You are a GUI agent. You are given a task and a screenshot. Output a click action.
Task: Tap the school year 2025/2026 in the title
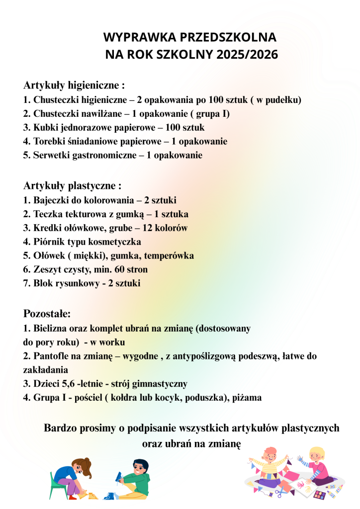(248, 54)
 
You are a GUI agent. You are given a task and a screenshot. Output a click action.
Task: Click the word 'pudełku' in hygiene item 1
(283, 100)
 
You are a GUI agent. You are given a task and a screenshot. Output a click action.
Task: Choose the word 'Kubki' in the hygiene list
(45, 128)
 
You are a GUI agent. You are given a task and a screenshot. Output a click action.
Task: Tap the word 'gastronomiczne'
(102, 156)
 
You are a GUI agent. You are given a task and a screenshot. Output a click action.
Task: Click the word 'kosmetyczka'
(116, 242)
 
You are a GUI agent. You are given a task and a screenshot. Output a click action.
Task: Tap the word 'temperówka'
(169, 256)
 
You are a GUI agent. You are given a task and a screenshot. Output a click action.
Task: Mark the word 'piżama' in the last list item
(248, 398)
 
